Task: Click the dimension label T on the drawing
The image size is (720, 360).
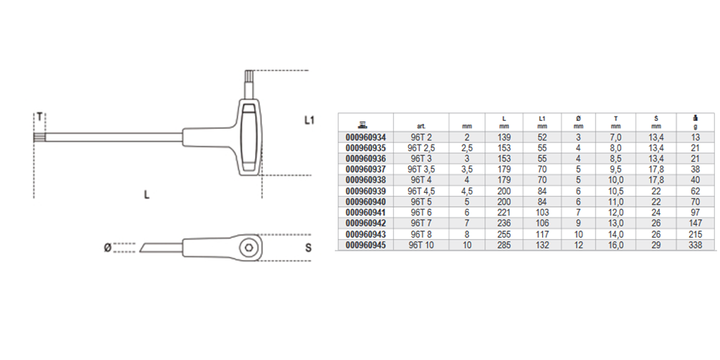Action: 40,117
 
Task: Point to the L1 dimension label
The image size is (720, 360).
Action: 310,120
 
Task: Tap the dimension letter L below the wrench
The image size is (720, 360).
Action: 147,194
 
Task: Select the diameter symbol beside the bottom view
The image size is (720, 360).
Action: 107,248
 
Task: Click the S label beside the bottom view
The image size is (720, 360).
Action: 308,248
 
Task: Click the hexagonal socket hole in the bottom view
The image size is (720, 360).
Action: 248,248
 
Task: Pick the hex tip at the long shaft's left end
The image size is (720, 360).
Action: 39,137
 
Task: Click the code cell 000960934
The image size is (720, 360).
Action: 366,138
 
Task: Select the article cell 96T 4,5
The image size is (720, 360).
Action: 421,191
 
